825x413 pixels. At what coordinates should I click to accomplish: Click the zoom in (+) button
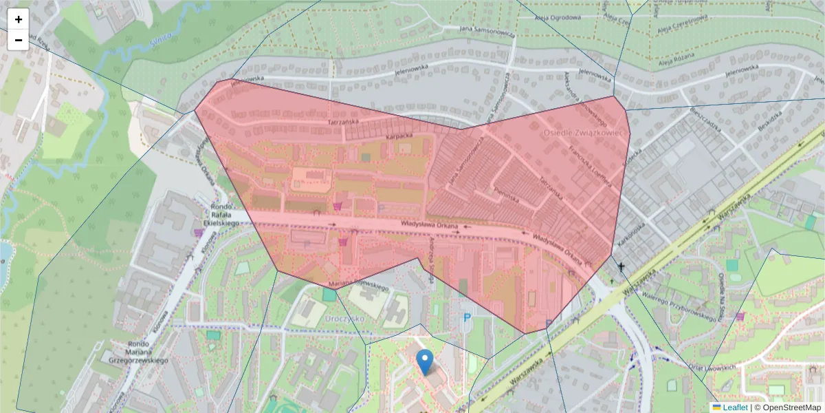(x=18, y=19)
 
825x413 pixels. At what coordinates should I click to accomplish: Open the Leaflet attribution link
(x=735, y=407)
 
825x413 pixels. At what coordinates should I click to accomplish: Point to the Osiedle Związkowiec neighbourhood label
(x=585, y=132)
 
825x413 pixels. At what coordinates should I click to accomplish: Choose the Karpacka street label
(x=398, y=137)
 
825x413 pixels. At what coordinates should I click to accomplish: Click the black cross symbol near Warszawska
(x=621, y=266)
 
